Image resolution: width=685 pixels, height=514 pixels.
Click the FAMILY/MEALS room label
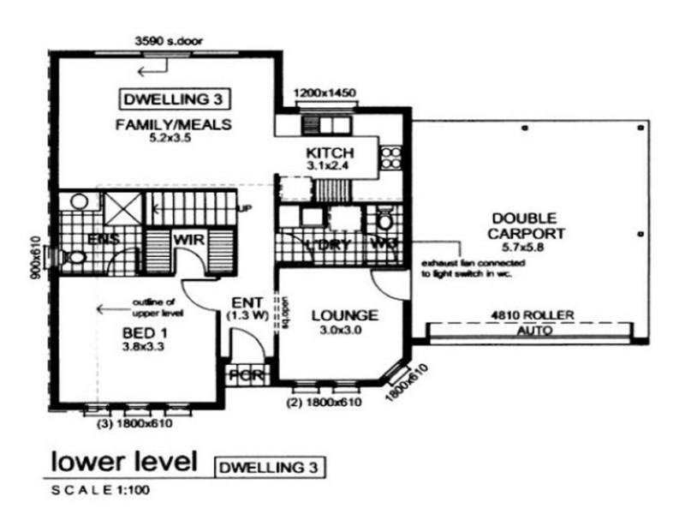click(174, 124)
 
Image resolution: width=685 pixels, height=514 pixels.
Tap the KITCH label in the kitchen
click(329, 153)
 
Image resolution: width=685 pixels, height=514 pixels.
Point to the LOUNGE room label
click(343, 315)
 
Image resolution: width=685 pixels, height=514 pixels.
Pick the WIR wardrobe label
click(188, 240)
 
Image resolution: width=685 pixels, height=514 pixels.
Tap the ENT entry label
click(246, 302)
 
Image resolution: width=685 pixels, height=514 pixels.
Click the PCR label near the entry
click(247, 375)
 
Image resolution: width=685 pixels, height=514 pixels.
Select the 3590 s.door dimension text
click(168, 39)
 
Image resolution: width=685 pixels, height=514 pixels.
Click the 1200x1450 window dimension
click(325, 93)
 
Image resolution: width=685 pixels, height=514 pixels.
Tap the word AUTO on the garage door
click(530, 329)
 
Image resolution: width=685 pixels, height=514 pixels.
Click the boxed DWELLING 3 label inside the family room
click(174, 97)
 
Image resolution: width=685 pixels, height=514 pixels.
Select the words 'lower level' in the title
click(125, 463)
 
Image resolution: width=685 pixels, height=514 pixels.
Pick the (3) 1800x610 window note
click(134, 421)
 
